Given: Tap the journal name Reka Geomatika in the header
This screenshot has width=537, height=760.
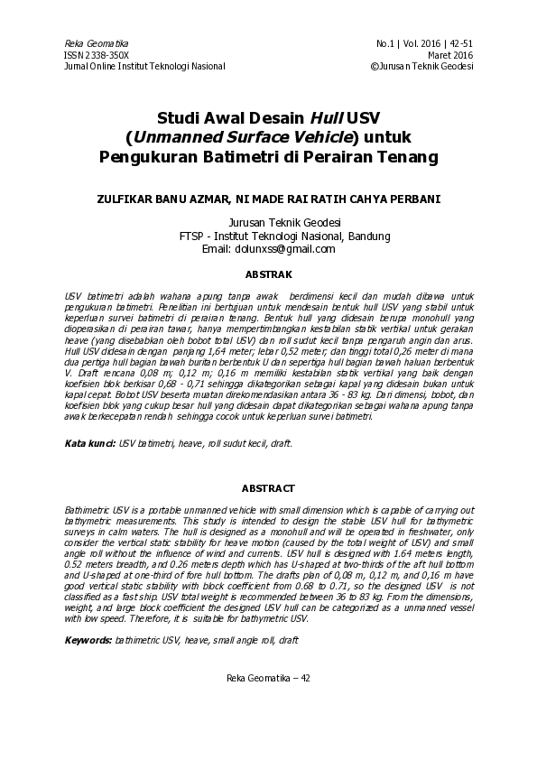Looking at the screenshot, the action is [97, 43].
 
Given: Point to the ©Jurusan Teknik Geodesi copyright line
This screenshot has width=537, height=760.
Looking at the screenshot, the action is [422, 66].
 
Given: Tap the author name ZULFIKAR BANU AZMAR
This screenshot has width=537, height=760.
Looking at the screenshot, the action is [162, 199].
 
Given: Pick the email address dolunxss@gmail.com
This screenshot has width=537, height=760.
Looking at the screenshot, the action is [284, 249].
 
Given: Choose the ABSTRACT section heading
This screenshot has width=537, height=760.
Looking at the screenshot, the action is [268, 488].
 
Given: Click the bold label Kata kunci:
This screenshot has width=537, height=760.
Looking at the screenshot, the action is [90, 445].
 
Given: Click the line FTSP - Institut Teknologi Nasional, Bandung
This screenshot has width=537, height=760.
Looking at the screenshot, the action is [285, 236].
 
